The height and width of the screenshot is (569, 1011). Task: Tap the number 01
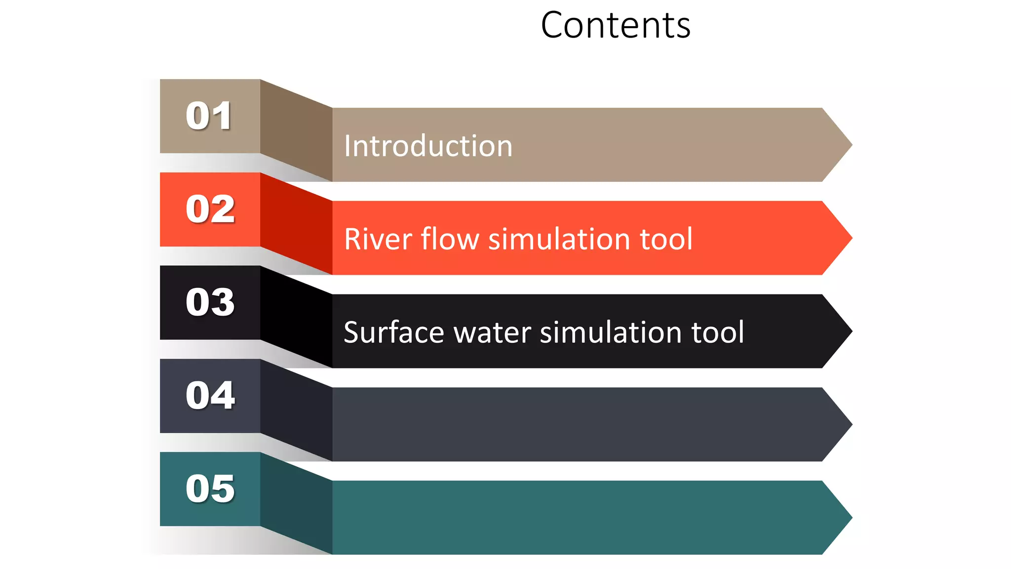click(209, 116)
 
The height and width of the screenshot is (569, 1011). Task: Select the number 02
click(210, 209)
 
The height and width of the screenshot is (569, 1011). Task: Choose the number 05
click(210, 488)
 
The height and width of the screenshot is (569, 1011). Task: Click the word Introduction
click(428, 146)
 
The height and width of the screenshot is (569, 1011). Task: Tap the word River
click(378, 239)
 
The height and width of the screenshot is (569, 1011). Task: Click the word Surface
click(393, 332)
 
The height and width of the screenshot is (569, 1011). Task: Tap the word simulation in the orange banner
click(559, 239)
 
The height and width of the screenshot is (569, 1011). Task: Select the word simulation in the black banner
click(611, 332)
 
